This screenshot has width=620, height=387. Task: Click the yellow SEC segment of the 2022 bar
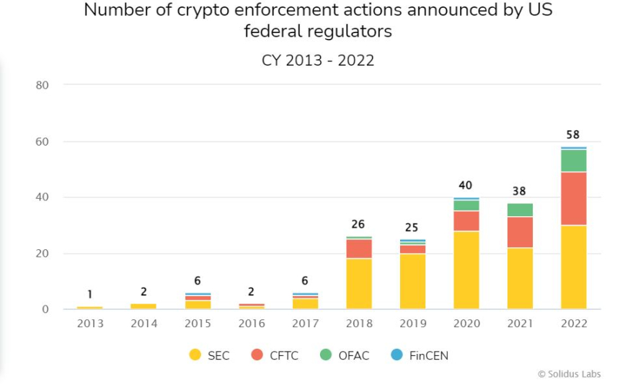pos(573,267)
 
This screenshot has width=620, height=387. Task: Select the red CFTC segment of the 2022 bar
pos(573,199)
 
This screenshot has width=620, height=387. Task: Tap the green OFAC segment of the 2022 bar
pos(573,161)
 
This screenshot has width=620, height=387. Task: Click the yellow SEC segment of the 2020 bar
pos(466,270)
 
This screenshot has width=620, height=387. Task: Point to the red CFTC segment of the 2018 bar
pos(358,249)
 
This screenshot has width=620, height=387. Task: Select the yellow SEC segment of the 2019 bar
pos(412,282)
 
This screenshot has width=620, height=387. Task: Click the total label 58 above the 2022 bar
pos(573,135)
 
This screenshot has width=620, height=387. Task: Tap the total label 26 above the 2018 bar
pos(358,224)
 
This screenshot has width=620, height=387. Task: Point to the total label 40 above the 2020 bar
pos(466,185)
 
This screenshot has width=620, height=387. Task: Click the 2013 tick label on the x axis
pos(90,324)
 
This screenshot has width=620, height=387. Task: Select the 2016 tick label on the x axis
pos(251,324)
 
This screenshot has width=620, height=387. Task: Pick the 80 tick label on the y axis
pos(42,85)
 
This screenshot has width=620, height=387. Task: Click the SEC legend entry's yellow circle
pos(195,355)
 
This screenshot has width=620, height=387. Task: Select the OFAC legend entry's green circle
pos(326,355)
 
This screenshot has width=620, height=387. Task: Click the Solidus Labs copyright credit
pos(569,374)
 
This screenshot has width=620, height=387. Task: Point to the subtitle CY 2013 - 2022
pos(318,61)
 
